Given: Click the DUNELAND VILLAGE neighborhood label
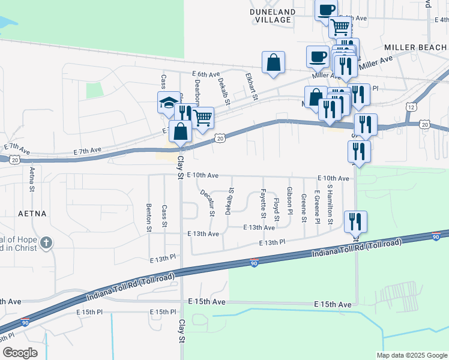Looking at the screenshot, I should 273,16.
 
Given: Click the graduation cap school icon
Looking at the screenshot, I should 169,103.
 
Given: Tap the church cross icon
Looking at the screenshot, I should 47,243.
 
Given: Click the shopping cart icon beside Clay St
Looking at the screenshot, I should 203,118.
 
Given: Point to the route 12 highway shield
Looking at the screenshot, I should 411,106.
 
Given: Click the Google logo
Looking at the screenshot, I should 20,352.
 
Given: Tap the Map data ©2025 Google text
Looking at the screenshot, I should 411,355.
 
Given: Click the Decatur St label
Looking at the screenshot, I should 207,202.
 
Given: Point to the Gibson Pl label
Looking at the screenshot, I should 290,200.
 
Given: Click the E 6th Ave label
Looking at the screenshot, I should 206,74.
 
